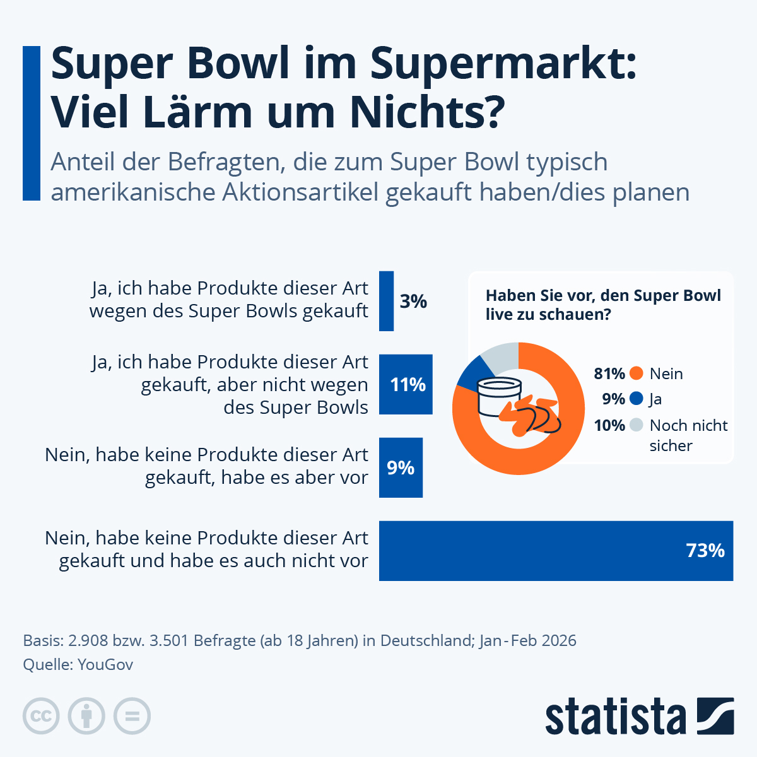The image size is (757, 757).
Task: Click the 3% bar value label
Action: [x=413, y=302]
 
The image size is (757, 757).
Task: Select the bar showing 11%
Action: [x=406, y=384]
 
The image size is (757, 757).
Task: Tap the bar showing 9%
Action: [x=401, y=467]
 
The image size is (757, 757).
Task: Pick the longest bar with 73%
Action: [x=555, y=551]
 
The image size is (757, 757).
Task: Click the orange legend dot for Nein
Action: [x=636, y=373]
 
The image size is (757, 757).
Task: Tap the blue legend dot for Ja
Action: [x=636, y=399]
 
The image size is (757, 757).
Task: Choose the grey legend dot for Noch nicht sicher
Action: [x=636, y=425]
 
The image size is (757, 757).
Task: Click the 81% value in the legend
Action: [x=609, y=373]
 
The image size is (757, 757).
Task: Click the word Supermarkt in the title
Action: [x=503, y=64]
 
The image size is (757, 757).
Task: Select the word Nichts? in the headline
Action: [x=427, y=112]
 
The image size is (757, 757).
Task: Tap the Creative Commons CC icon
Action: [x=41, y=716]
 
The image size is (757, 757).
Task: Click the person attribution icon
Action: [x=86, y=716]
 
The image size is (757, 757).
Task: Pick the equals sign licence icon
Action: [x=132, y=716]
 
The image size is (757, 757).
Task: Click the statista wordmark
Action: [x=615, y=717]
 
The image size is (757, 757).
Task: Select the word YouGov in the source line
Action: [x=105, y=664]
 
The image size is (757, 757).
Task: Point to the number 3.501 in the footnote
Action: [x=168, y=640]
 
